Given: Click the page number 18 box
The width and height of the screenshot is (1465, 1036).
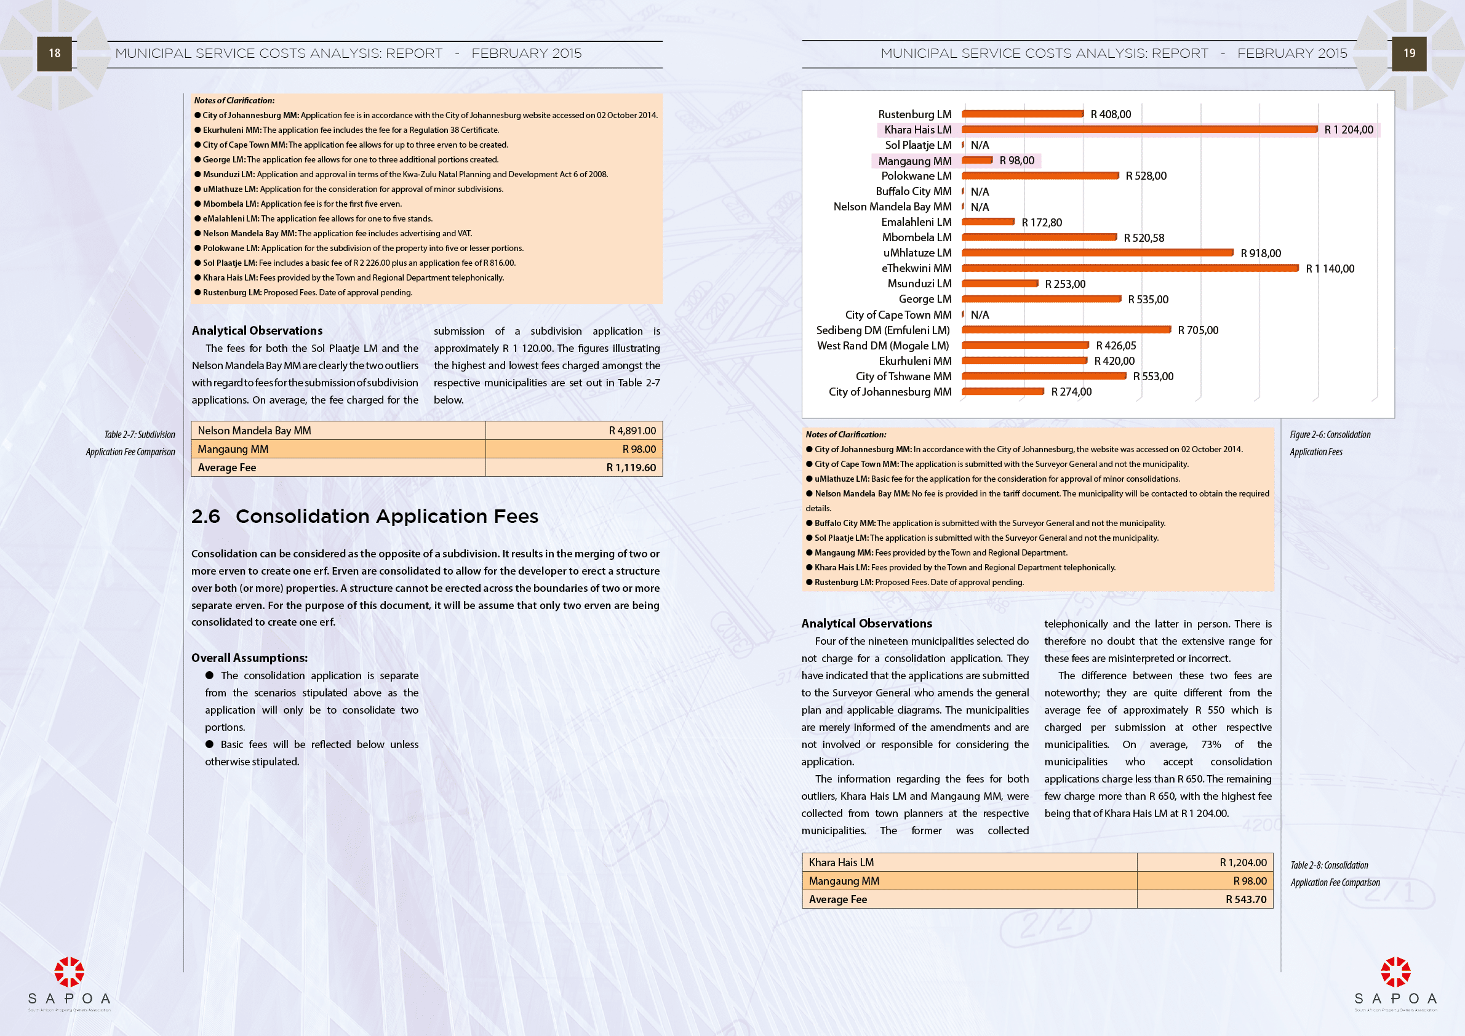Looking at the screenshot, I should point(54,54).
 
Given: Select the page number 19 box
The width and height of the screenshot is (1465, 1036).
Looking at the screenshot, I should point(1409,54).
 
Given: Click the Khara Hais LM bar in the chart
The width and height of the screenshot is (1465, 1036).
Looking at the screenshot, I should point(1139,129).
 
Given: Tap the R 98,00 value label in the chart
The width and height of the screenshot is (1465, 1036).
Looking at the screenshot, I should point(1016,161).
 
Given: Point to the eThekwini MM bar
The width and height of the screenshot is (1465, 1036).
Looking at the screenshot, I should point(1130,269).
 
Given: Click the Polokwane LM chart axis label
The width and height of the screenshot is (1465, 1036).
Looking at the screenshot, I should point(916,176).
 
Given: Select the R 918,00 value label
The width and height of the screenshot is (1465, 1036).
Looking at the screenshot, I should point(1260,253).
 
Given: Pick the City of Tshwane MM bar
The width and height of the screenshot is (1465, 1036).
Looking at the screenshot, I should point(1044,377).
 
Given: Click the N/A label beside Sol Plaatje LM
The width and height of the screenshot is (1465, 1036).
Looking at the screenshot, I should point(980,145).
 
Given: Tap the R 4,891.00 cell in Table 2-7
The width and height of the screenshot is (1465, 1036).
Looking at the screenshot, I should point(632,431).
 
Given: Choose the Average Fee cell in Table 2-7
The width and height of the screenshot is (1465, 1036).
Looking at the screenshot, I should point(227,468).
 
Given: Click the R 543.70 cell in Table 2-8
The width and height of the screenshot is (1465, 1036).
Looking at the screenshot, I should point(1245,899).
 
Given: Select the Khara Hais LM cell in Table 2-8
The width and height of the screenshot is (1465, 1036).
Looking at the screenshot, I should point(841,863).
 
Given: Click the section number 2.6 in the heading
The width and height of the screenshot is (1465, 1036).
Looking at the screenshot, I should point(206,516).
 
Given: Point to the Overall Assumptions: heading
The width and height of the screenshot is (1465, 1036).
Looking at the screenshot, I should point(249,658).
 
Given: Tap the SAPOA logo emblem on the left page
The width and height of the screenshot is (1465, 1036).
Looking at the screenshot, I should point(69,971).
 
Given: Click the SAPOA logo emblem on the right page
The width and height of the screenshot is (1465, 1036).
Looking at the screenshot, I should point(1395,971).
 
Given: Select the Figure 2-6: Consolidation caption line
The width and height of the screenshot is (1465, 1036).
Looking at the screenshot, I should point(1330,434).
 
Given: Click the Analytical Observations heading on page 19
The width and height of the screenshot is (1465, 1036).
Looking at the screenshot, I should point(866,623).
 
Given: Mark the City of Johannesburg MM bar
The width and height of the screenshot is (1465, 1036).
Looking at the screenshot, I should point(1002,392).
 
